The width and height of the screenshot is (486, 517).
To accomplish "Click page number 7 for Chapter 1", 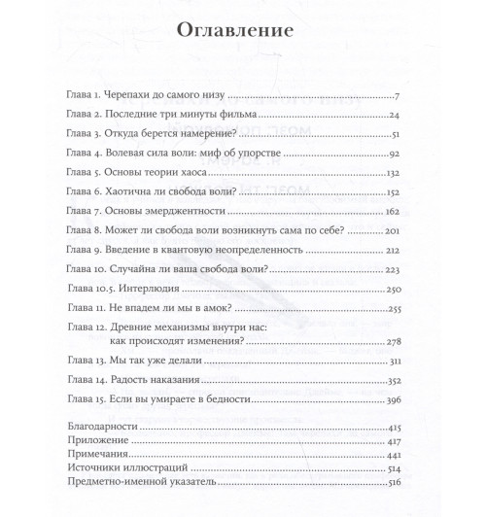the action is click(399, 97).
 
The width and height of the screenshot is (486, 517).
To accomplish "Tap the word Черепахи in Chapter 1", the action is click(147, 97).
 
